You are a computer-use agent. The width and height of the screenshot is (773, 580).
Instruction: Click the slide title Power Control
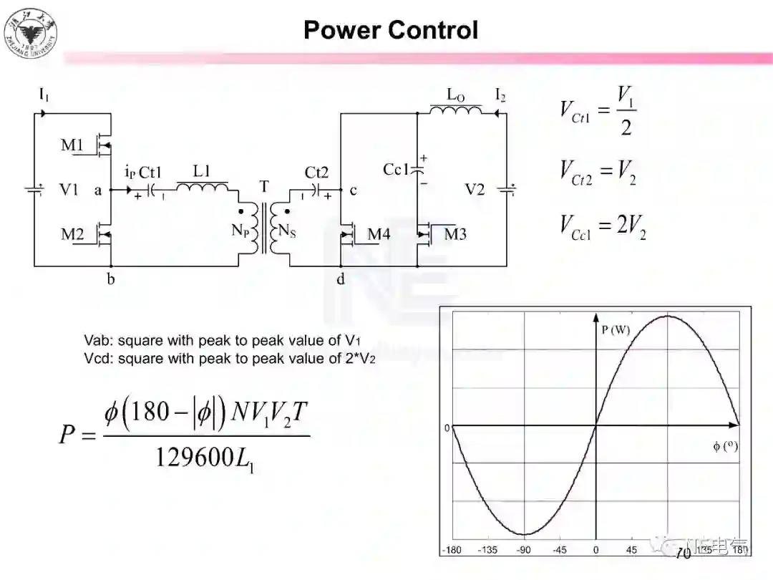(x=390, y=30)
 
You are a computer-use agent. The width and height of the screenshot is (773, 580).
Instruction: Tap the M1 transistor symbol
(x=104, y=146)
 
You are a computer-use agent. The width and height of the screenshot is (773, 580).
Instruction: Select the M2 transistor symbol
(x=104, y=234)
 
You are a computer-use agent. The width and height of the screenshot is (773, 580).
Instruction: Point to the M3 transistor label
(x=455, y=234)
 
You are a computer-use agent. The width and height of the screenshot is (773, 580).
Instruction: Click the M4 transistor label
(x=379, y=234)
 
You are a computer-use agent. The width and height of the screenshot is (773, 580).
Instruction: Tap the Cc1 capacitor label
(x=395, y=170)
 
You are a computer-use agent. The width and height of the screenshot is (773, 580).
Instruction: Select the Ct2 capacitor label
(x=316, y=173)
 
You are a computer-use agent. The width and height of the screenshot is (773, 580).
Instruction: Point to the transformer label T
(x=264, y=187)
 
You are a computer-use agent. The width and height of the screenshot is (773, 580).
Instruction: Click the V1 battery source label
(x=69, y=190)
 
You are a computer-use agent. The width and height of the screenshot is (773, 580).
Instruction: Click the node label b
(x=111, y=279)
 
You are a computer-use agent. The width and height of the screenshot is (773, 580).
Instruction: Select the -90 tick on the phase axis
(x=524, y=550)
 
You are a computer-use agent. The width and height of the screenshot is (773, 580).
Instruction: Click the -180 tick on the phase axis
(x=452, y=550)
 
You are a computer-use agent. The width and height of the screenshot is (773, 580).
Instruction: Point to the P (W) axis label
(x=616, y=330)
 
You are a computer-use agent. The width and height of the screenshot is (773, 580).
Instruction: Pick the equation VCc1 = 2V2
(x=603, y=226)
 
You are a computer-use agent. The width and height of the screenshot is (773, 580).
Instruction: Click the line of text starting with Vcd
(x=230, y=358)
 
